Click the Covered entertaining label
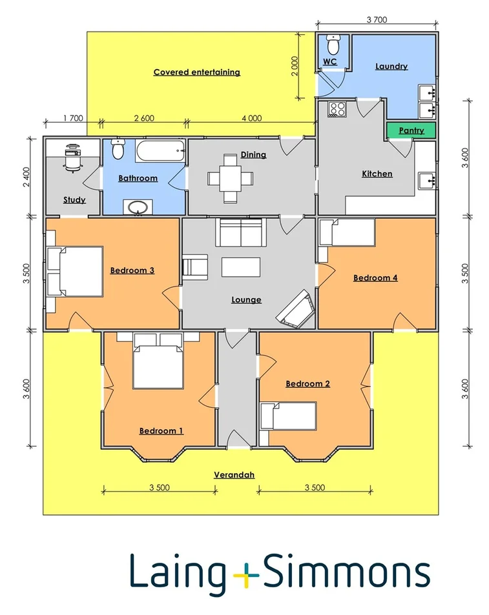pos(196,72)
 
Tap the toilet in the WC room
pos(333,45)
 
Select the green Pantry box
pos(411,130)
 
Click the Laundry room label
pos(391,66)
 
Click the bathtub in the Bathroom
pos(160,152)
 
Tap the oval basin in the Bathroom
pos(138,207)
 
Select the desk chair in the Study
pos(73,162)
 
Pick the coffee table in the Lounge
pos(241,267)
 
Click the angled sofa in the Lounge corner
pos(296,308)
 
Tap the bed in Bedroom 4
pos(348,232)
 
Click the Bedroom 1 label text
pos(161,430)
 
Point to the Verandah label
pos(234,475)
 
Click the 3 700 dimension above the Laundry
pos(376,20)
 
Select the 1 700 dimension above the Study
pos(74,117)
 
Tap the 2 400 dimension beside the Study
pos(26,176)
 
